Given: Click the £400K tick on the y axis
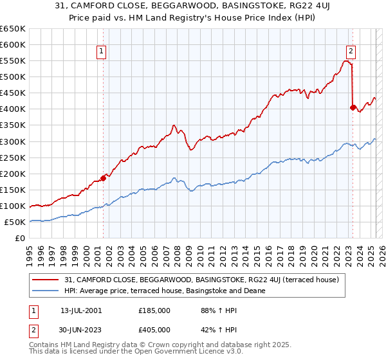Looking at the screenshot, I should (x=13, y=109).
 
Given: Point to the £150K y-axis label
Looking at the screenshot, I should (x=13, y=190).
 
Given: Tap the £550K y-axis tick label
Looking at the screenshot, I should (x=13, y=60).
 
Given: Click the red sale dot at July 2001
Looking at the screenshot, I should (x=103, y=178).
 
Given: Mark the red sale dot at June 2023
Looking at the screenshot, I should (x=353, y=107).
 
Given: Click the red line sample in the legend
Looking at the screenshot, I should (x=46, y=280).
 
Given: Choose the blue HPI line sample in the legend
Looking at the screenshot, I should (x=46, y=291).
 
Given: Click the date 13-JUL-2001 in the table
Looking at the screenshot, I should (x=81, y=310).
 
